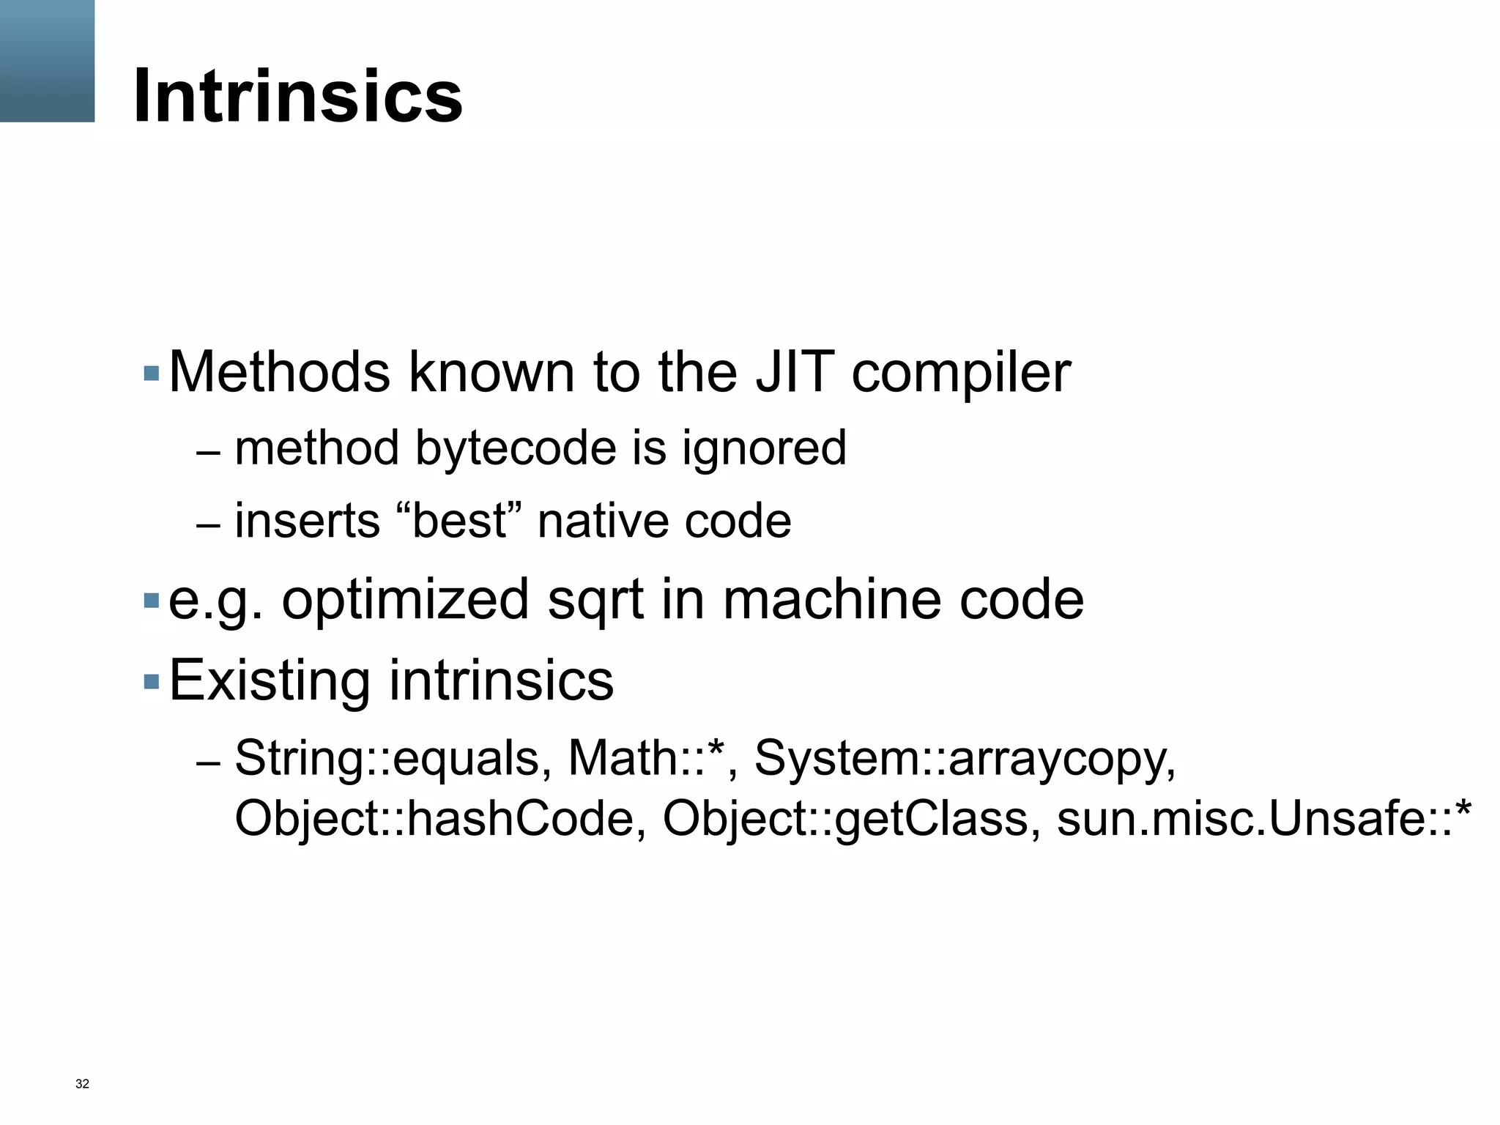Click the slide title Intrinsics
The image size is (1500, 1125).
(x=297, y=96)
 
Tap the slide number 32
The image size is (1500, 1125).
(x=82, y=1084)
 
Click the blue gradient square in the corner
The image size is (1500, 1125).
(x=47, y=61)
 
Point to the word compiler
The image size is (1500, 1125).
(x=961, y=374)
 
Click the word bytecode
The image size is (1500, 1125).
(x=516, y=448)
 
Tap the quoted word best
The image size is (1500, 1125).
(x=459, y=521)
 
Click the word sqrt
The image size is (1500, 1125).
(x=595, y=600)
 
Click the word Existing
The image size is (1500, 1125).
(x=270, y=680)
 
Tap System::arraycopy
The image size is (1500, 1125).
(x=964, y=759)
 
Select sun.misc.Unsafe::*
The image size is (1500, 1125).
(x=1263, y=819)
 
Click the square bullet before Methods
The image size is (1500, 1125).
(x=152, y=374)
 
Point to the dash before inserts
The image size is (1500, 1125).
(x=208, y=525)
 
